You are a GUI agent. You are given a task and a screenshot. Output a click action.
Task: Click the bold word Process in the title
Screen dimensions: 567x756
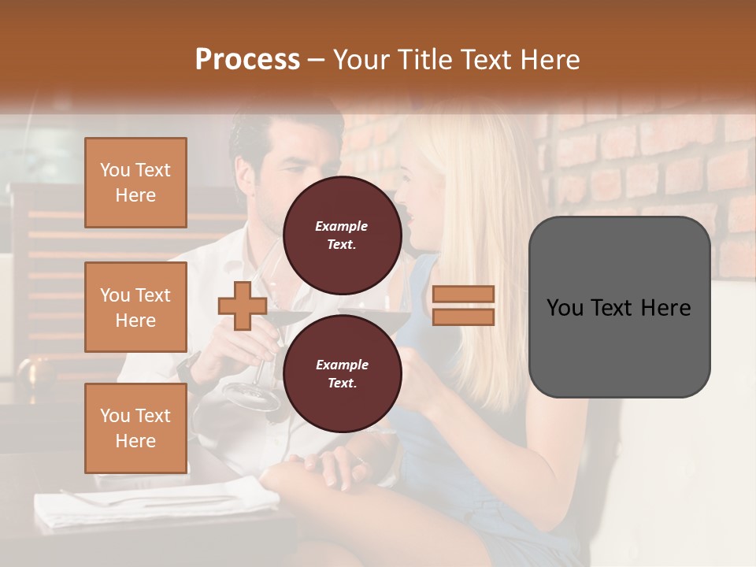[x=247, y=60]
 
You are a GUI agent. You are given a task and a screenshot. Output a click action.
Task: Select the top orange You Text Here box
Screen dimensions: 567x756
[x=135, y=183]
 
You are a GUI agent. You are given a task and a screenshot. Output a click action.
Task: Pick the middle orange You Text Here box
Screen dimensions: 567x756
[x=135, y=307]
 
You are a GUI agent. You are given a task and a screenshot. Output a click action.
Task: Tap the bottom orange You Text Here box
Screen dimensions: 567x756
[x=135, y=428]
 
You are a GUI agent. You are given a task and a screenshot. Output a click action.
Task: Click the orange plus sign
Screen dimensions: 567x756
[x=243, y=306]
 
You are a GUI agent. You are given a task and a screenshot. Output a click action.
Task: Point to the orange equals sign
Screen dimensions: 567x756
[x=463, y=306]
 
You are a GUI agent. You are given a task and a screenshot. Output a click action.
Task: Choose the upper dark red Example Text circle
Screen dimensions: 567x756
[x=342, y=235]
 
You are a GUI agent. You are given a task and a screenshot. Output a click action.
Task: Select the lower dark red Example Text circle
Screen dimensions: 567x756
[x=342, y=373]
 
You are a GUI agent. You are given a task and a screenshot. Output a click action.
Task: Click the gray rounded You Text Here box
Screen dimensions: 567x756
[x=619, y=307]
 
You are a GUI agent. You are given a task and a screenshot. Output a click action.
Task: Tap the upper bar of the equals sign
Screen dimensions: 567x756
[x=463, y=295]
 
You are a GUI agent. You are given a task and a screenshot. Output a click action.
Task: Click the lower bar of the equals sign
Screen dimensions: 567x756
[x=463, y=317]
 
